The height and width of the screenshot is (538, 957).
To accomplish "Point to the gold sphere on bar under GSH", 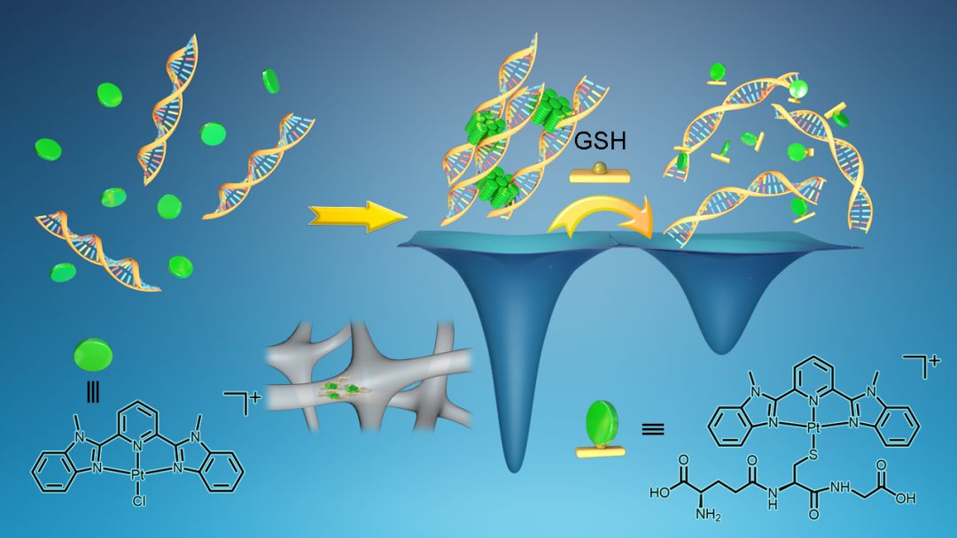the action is point(600,168).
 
